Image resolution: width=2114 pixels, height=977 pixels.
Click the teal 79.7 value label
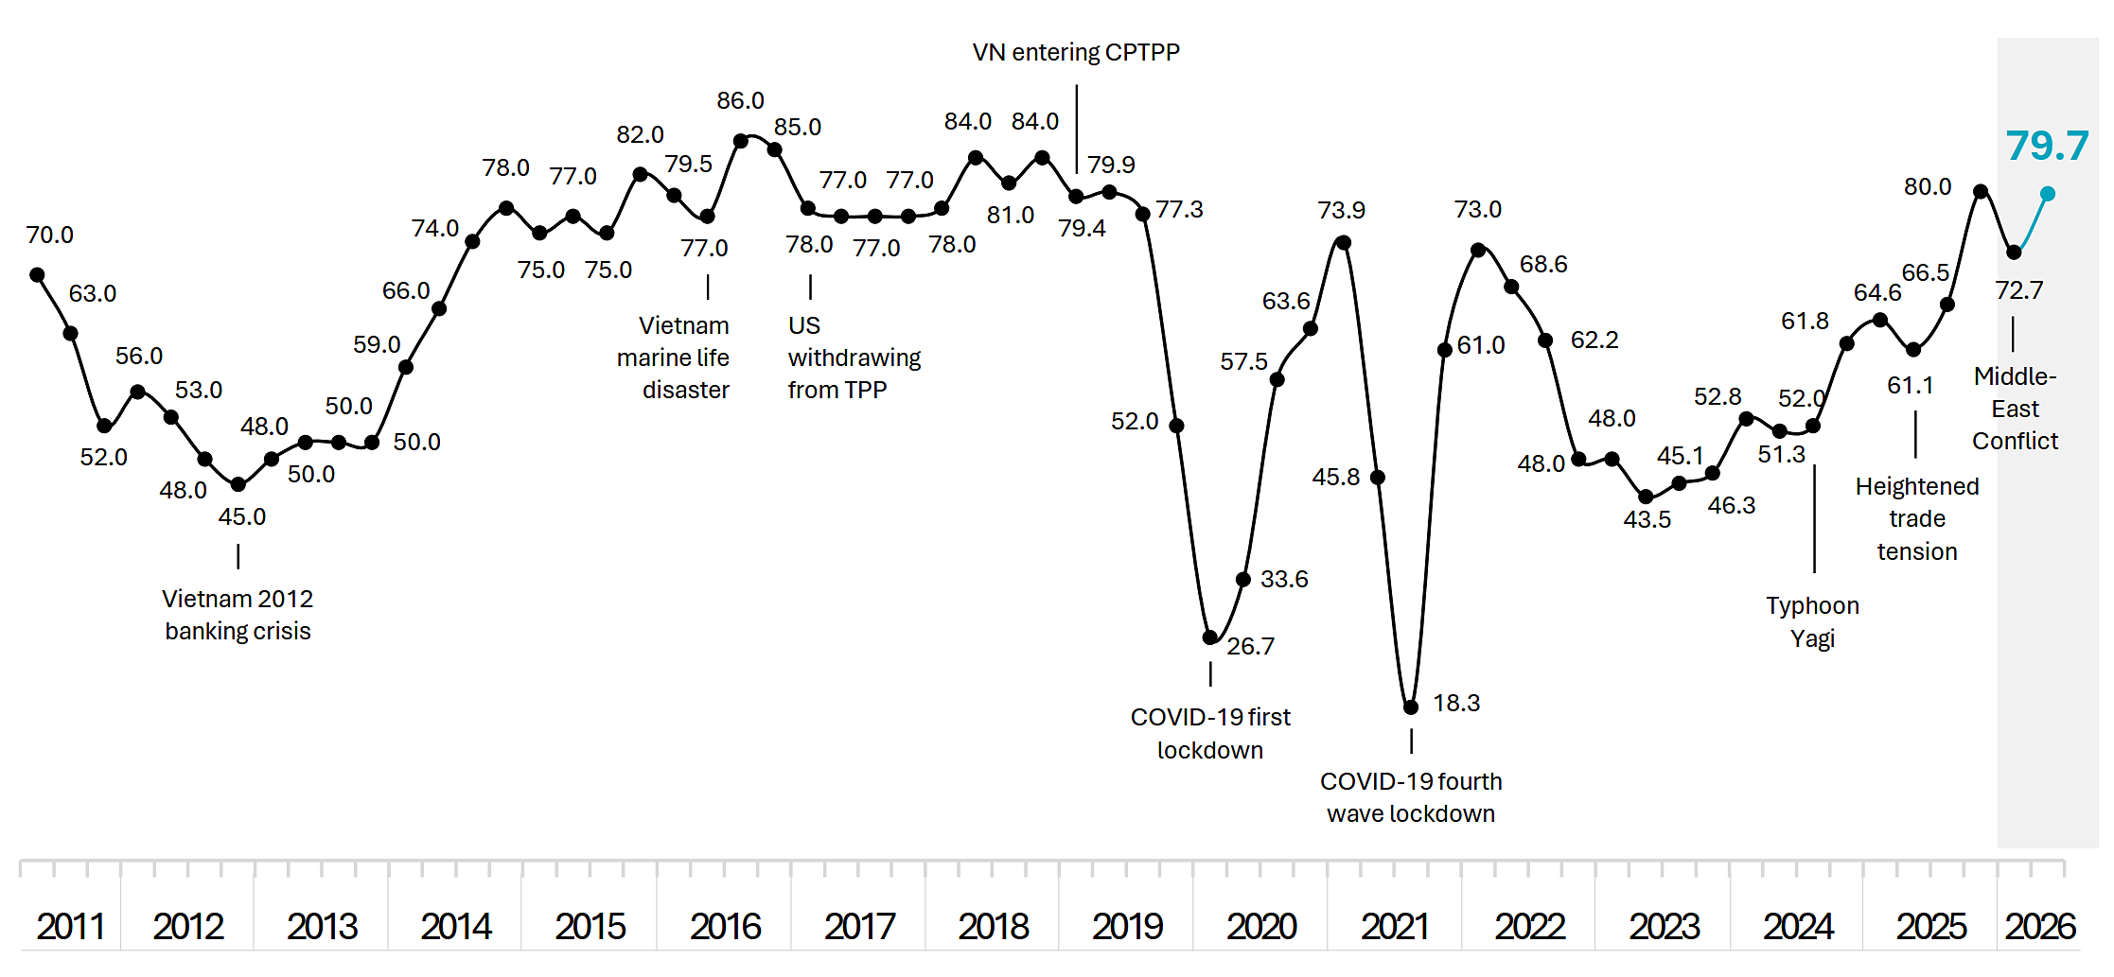point(2047,146)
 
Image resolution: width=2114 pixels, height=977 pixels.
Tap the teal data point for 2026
point(2048,194)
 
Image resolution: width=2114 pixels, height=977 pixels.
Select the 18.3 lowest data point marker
point(1411,707)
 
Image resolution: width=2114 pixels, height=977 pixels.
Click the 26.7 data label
point(1251,646)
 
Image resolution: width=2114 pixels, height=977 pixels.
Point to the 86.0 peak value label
point(740,100)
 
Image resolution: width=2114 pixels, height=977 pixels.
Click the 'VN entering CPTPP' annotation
point(1076,52)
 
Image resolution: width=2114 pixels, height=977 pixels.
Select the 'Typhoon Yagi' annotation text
point(1812,621)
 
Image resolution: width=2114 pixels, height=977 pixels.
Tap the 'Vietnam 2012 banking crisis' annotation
point(238,615)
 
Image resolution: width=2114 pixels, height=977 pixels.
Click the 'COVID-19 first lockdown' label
point(1210,733)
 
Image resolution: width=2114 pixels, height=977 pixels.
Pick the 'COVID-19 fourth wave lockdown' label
point(1411,797)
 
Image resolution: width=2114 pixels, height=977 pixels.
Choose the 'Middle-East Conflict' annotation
point(2015,409)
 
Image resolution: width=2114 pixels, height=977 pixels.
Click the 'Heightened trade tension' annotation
point(1917,518)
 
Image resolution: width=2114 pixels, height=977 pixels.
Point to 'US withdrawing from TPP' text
point(854,358)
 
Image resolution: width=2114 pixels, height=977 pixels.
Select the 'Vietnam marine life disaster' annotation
point(674,358)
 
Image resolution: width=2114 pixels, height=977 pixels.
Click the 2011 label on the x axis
point(71,926)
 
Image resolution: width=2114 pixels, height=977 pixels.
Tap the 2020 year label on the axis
point(1261,926)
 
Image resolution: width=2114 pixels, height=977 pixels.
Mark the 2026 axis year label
point(2040,926)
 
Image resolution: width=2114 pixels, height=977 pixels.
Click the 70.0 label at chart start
point(49,235)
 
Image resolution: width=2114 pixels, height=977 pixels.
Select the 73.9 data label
point(1341,210)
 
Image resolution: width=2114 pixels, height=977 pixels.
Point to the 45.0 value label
point(242,516)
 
